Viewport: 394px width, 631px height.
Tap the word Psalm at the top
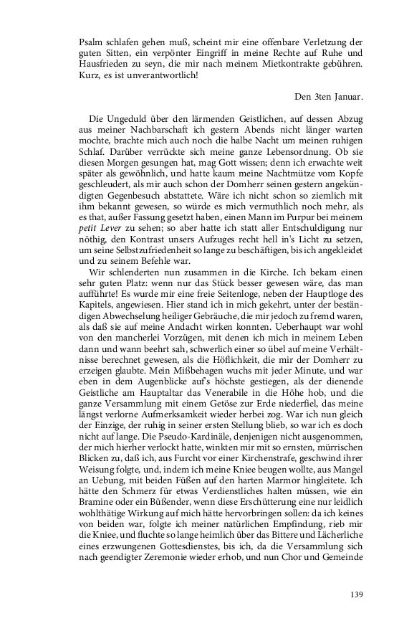pos(91,42)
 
